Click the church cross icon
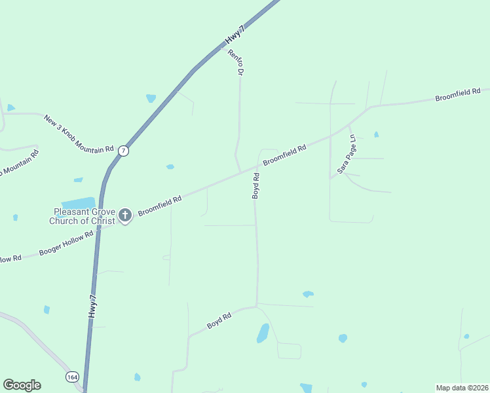click(125, 214)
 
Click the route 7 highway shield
click(124, 151)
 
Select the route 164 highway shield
click(72, 377)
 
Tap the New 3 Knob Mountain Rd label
click(79, 134)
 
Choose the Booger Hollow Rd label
click(66, 242)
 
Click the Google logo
click(22, 385)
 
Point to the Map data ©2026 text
click(462, 388)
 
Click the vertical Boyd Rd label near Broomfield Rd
click(257, 185)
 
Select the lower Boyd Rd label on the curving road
click(219, 320)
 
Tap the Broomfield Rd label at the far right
click(458, 95)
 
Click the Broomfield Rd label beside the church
click(159, 205)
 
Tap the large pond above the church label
click(79, 203)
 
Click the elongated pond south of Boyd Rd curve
click(263, 333)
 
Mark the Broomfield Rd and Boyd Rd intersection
click(254, 168)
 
